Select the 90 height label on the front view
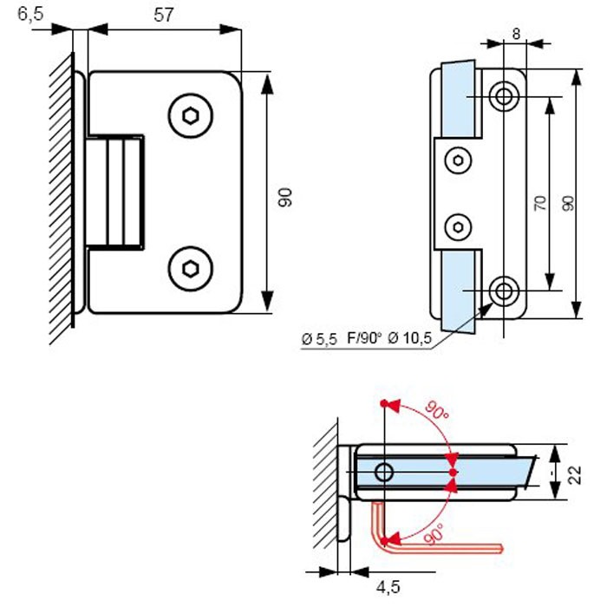(x=285, y=197)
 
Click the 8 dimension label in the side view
(x=517, y=34)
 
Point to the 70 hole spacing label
(x=539, y=205)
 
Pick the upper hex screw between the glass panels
(x=458, y=160)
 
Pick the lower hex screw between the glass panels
(x=458, y=227)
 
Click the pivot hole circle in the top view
(x=384, y=473)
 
